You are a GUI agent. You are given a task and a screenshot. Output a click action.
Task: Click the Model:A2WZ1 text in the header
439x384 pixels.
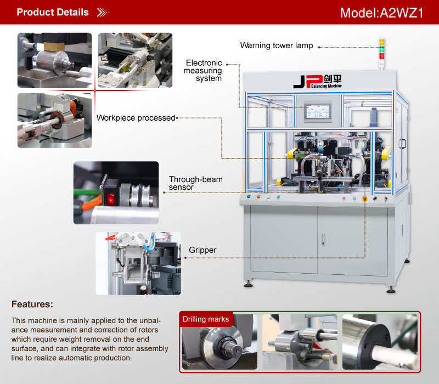tap(381, 13)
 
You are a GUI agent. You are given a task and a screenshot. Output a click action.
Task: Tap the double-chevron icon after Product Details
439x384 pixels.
tap(102, 12)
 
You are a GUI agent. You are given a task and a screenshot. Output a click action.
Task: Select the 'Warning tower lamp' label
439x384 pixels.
tap(277, 46)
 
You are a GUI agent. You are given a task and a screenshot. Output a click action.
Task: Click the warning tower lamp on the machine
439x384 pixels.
tap(381, 53)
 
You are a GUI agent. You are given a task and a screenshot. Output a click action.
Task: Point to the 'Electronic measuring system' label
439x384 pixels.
tap(203, 71)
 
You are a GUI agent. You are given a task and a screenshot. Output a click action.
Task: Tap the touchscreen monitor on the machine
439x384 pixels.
tap(318, 111)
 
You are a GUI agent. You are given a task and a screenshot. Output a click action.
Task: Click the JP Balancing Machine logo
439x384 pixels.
tap(318, 81)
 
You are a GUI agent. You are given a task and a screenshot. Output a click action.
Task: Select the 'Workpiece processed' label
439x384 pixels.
tap(136, 118)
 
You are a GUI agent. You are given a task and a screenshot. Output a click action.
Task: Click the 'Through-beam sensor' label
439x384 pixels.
tap(196, 183)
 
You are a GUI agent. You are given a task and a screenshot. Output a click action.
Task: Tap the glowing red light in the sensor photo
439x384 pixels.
tap(110, 199)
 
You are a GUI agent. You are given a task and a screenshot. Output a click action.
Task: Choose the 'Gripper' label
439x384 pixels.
tap(202, 250)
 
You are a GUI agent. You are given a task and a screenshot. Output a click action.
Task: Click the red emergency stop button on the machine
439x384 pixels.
tap(364, 199)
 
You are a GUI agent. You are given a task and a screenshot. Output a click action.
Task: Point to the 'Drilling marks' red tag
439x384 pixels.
tap(206, 319)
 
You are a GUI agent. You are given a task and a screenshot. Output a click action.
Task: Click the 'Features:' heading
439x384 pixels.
tap(32, 304)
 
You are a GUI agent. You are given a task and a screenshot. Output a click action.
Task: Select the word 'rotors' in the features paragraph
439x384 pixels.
tap(147, 330)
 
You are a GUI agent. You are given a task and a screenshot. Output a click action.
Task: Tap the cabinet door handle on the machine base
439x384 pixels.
tap(323, 240)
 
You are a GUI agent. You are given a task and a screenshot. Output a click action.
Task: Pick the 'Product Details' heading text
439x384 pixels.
tap(53, 12)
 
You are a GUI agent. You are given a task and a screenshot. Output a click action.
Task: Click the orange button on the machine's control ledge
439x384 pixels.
tap(258, 197)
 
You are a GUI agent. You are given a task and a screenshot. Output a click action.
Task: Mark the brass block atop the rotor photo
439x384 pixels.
tap(54, 47)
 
